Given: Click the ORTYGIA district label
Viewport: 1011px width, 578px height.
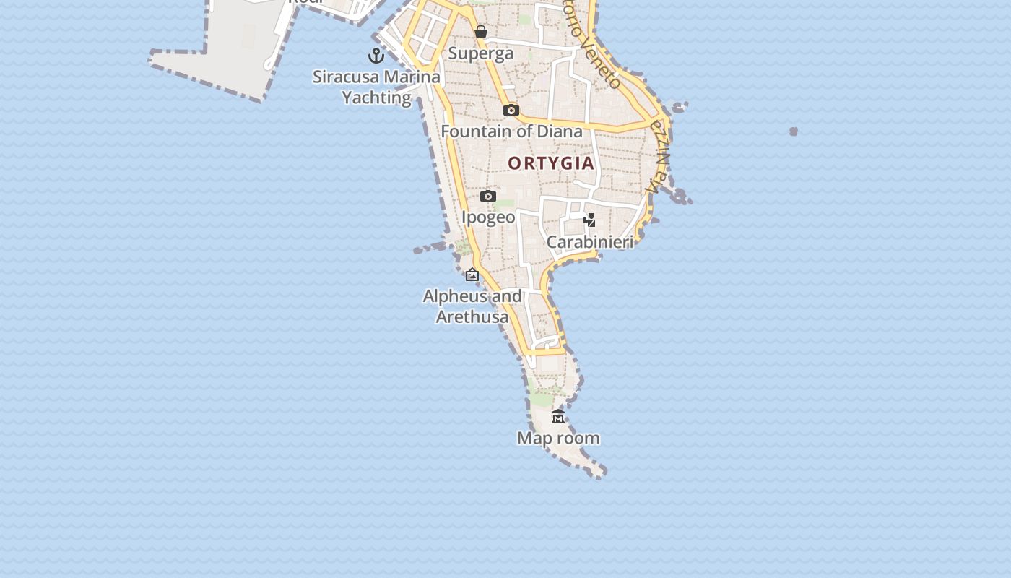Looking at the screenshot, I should coord(551,163).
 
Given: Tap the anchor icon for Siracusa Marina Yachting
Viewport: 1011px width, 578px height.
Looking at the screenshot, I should coord(376,55).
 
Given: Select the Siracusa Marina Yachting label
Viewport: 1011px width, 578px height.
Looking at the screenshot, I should coord(376,87).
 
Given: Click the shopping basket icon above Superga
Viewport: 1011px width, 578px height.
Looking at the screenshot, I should coord(480,32).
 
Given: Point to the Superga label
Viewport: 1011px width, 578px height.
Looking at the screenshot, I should coord(481,53).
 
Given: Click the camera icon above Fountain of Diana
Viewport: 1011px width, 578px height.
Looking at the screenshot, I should coord(511,110).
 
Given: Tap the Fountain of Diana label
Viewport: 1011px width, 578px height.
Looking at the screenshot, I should coord(511,131).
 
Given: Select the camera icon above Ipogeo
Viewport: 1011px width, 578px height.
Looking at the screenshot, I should coord(488,196).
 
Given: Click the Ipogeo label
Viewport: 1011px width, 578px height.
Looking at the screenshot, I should coord(488,217).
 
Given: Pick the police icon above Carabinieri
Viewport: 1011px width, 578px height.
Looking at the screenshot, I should coord(590,220).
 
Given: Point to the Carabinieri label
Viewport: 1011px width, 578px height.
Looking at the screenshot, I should coord(590,242).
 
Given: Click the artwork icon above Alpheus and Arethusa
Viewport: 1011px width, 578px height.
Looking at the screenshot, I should coord(472,275).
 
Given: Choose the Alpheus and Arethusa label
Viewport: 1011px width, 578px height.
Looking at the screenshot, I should coord(472,306).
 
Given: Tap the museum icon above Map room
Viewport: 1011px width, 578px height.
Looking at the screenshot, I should coord(558,417).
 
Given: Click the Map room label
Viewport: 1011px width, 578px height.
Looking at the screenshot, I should coord(558,438).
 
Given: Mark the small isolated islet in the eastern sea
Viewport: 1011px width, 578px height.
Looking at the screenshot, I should coord(794,131).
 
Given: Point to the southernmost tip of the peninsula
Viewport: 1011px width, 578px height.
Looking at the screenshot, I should coord(599,474).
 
